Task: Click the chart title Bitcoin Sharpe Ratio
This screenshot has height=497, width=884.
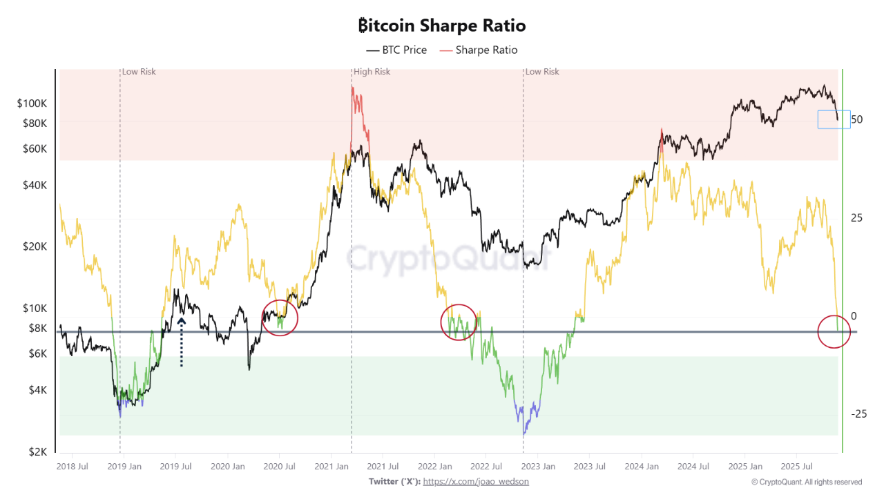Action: [x=442, y=26]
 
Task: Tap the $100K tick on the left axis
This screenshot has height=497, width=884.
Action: [x=32, y=104]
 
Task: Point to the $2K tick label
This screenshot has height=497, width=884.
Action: [x=37, y=451]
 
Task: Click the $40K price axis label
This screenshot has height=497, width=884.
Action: [x=34, y=185]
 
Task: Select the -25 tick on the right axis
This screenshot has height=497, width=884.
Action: [x=858, y=413]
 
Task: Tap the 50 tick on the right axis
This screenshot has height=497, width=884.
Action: [x=857, y=119]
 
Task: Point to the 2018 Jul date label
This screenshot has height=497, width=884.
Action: [x=72, y=466]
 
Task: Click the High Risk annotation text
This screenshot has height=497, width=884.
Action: [x=372, y=72]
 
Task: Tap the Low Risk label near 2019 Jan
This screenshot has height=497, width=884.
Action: [x=139, y=72]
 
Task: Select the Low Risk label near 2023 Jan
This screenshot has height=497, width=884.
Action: [x=542, y=72]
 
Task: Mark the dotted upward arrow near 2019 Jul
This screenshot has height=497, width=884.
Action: [x=181, y=341]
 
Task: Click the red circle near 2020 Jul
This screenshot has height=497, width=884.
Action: [x=279, y=318]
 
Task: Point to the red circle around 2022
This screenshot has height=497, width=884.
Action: [x=459, y=322]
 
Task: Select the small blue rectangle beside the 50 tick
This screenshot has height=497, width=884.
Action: [x=834, y=119]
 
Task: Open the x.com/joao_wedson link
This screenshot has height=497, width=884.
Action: [x=476, y=481]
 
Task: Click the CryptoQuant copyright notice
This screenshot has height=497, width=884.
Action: [x=807, y=482]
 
